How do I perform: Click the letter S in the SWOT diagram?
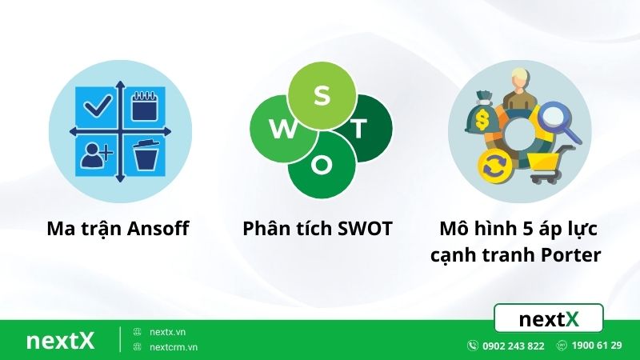tap(321, 94)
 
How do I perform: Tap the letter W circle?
tap(279, 130)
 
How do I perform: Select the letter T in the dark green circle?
tap(360, 127)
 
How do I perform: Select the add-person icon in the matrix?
tap(95, 154)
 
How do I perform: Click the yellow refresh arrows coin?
tap(491, 166)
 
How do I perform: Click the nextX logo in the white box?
tap(549, 319)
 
